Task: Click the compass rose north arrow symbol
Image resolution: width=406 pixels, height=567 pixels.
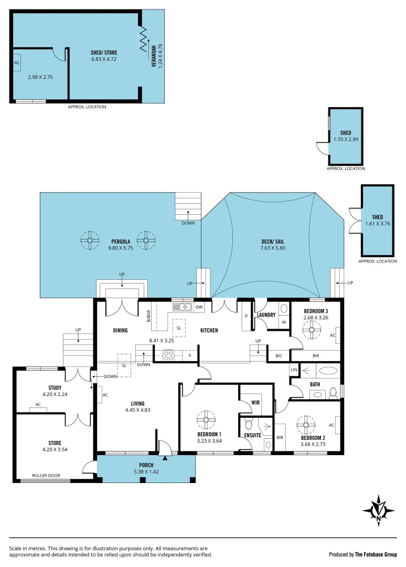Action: click(378, 509)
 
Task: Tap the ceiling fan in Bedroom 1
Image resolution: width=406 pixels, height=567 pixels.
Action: click(206, 419)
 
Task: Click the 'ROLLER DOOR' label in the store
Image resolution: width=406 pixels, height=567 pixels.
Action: click(46, 476)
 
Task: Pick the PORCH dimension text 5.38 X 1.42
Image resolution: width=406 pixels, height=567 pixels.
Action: click(146, 472)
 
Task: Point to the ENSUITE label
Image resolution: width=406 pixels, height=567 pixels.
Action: click(252, 435)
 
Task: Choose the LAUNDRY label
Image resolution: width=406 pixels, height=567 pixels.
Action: click(266, 315)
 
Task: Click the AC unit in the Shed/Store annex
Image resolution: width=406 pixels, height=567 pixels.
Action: click(17, 62)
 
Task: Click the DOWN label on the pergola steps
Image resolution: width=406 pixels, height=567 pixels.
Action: click(188, 223)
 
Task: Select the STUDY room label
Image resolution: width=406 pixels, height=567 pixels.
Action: click(55, 388)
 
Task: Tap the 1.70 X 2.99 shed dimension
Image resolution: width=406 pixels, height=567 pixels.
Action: click(345, 140)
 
